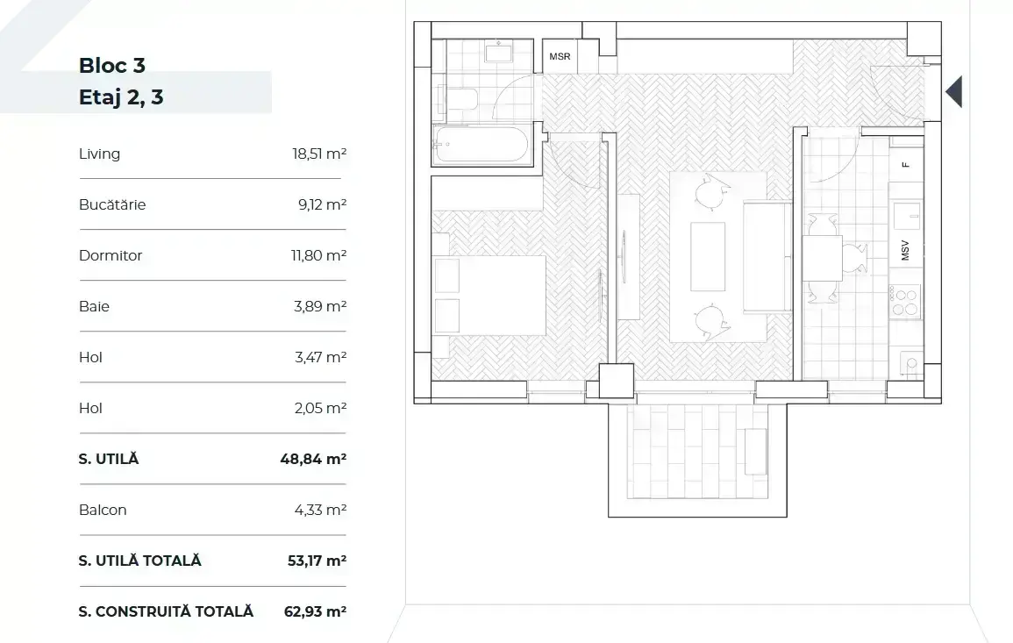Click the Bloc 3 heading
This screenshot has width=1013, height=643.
coord(111,65)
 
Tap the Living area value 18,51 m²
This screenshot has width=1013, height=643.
coord(319,154)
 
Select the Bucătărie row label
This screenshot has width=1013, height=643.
coord(112,205)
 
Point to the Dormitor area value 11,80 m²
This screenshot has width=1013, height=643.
coord(318,255)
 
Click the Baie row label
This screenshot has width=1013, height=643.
coord(95,306)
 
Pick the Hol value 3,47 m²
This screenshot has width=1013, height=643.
coord(320,357)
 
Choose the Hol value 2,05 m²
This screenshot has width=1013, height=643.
coord(320,409)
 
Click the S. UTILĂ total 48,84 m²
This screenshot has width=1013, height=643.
coord(313,459)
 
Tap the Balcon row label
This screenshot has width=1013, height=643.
coord(103,510)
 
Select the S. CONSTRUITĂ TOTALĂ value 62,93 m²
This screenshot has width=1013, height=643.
coord(315,611)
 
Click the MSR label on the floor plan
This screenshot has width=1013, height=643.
coord(560,57)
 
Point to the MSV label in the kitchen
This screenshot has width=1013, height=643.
coord(905,250)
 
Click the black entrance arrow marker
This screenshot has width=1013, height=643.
coord(954,92)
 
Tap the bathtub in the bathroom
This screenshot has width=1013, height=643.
coord(482,144)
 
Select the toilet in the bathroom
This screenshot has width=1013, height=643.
coord(459,101)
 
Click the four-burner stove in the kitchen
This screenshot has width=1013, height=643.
coord(905,302)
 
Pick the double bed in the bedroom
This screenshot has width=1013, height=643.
coord(489,295)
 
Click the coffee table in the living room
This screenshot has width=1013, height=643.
coord(708,256)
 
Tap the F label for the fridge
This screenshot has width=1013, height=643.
coord(906,165)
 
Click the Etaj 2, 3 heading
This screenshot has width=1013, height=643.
coord(121,97)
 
